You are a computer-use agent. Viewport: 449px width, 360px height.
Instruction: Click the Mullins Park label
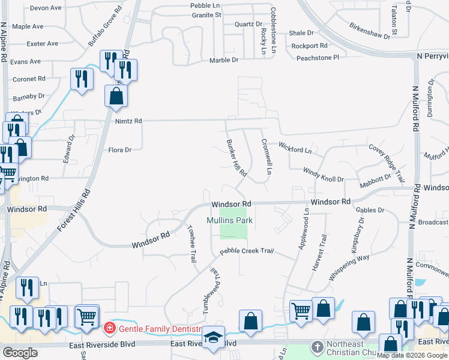[230, 220]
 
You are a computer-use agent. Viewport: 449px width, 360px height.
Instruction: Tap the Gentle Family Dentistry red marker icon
[109, 328]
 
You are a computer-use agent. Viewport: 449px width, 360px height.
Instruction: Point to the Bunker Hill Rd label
[237, 158]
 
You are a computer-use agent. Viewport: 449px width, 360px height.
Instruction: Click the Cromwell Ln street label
[267, 157]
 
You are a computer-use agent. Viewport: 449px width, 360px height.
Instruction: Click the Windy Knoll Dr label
[323, 175]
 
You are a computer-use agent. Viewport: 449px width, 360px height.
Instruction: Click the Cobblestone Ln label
[273, 28]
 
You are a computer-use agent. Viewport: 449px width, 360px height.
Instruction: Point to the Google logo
[20, 352]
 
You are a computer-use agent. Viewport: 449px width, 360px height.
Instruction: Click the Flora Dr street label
[119, 150]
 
